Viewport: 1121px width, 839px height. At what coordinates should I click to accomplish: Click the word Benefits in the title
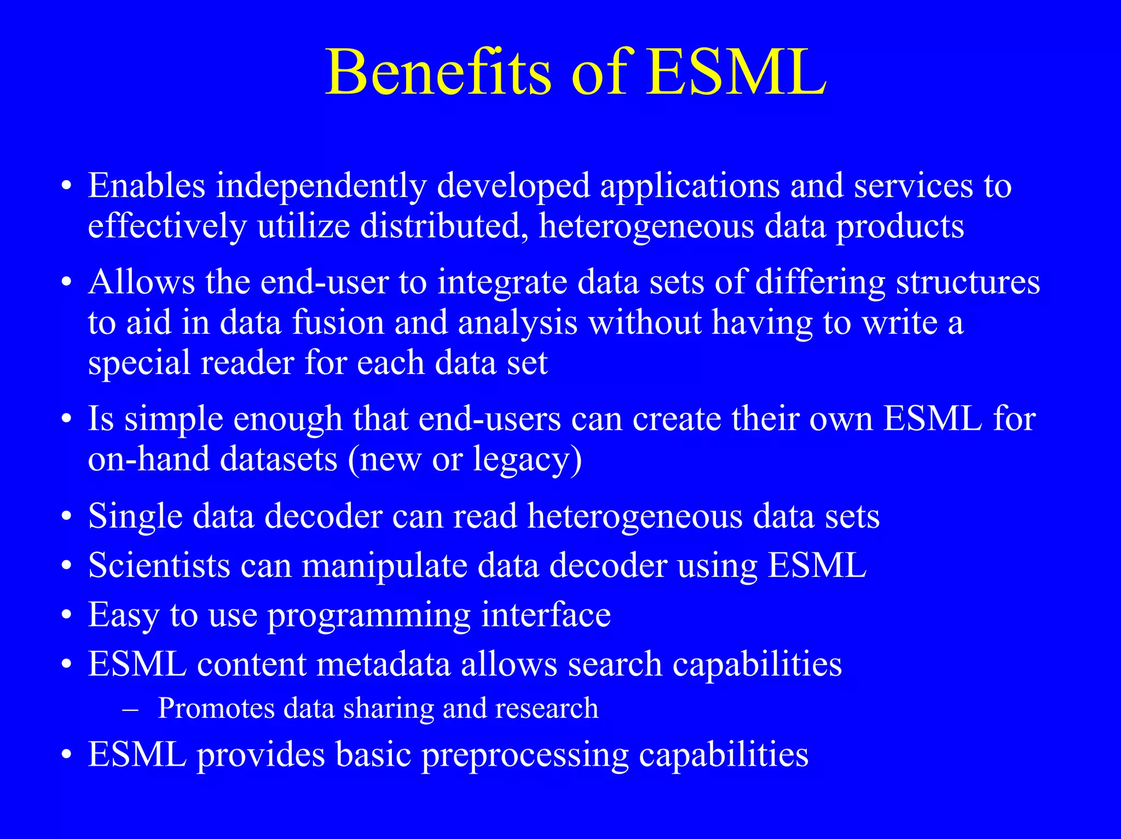tap(438, 73)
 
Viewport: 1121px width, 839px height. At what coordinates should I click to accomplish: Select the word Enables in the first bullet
tap(147, 186)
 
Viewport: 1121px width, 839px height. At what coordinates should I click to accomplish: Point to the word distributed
tap(444, 226)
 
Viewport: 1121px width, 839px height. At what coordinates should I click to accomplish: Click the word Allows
tap(141, 282)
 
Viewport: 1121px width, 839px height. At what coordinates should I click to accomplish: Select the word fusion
tap(338, 323)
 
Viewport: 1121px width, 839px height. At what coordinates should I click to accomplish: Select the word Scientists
tap(159, 565)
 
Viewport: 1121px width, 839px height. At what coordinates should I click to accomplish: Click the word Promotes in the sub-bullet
tap(216, 709)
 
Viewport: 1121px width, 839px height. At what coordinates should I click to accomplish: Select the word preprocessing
tap(525, 756)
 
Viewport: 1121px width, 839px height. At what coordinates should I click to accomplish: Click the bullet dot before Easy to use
tap(66, 615)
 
